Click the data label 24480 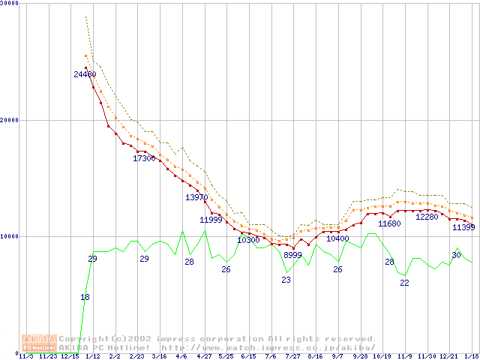click(85, 74)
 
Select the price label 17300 click(144, 158)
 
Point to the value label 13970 click(196, 197)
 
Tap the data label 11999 click(211, 220)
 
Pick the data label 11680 click(389, 223)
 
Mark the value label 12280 click(427, 217)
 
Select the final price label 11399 click(464, 227)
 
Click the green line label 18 click(85, 297)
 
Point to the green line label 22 click(404, 283)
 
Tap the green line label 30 click(456, 255)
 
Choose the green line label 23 click(286, 280)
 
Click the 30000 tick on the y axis click(9, 4)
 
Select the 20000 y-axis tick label click(9, 120)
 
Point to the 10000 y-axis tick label click(9, 236)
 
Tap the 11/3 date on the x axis click(25, 356)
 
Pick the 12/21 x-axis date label click(448, 356)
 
